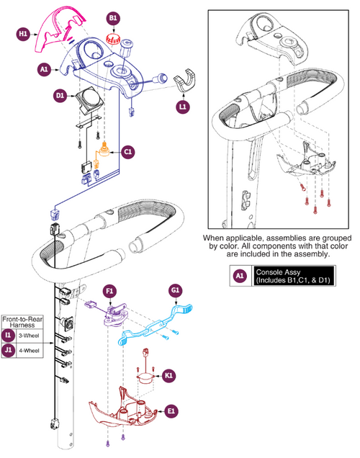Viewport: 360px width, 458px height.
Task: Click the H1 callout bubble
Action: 23,34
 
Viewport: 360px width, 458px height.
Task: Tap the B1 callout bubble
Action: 113,18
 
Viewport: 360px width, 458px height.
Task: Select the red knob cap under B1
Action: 112,38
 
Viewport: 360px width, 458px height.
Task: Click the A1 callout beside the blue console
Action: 44,70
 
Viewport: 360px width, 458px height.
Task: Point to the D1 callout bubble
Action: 60,96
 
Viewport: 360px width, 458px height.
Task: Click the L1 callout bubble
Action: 183,107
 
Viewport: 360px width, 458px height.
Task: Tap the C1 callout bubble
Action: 128,152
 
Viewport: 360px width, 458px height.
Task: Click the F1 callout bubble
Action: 109,291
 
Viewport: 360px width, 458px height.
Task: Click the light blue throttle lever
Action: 156,324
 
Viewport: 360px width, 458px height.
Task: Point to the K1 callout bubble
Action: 168,375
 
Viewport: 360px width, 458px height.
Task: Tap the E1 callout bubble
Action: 171,411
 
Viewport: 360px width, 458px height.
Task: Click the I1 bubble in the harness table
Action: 8,336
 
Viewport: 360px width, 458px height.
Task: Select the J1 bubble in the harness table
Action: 8,350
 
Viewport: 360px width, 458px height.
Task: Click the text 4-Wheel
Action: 30,350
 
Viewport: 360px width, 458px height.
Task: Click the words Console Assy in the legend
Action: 278,272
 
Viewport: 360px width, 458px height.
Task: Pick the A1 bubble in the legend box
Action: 240,276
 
